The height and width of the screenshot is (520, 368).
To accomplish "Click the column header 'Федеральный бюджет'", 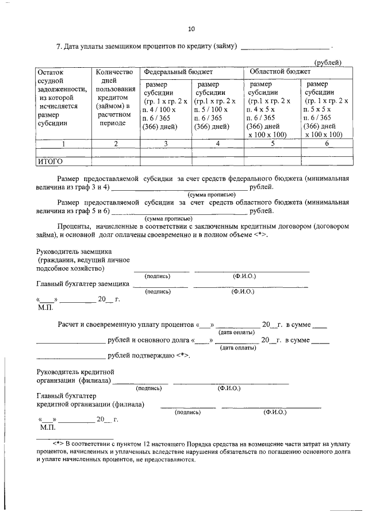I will click(x=178, y=72).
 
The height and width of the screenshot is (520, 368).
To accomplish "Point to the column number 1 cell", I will click(x=63, y=144).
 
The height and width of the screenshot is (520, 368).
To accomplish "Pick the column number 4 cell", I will click(x=218, y=144).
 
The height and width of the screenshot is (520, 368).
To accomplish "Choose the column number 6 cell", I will click(x=326, y=144).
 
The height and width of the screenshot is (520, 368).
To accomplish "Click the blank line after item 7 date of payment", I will click(x=285, y=47).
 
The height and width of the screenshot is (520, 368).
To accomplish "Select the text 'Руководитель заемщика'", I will click(x=74, y=252).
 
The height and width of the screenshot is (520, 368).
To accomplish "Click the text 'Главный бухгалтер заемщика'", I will click(x=83, y=284).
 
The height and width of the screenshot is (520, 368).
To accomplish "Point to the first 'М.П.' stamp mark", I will click(x=45, y=309).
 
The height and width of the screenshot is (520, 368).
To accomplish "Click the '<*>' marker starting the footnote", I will click(x=57, y=444).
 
